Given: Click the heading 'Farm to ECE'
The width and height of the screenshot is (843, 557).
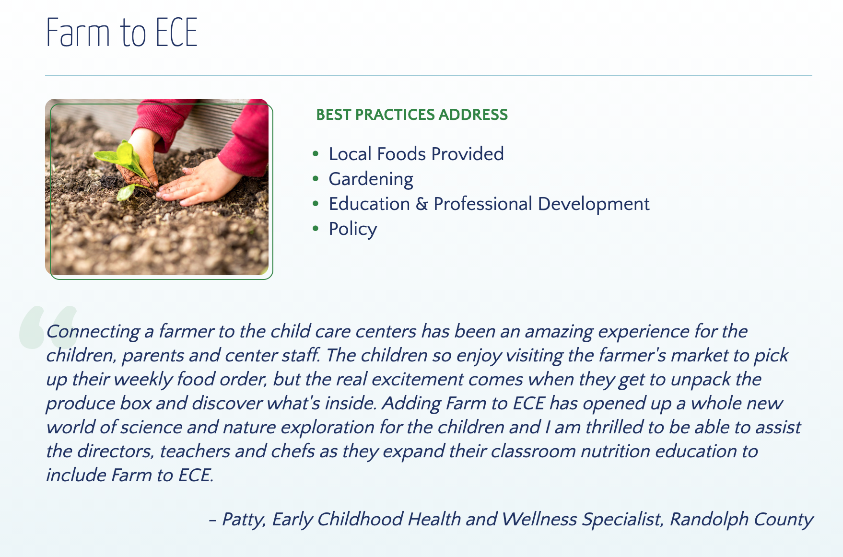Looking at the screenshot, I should (122, 33).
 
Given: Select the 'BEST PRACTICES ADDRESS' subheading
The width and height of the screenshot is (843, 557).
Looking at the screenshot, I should (411, 115).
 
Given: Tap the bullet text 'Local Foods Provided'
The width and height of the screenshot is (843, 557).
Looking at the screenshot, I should (416, 154).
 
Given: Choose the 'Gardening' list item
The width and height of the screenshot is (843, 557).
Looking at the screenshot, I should (371, 179).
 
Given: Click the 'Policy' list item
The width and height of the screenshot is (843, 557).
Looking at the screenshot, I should (352, 229).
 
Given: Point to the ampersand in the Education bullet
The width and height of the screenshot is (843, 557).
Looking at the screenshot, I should (421, 204).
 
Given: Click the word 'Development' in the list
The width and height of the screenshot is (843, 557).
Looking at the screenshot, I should (593, 204).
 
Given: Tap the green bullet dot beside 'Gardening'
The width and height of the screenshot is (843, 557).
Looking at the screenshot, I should (315, 179).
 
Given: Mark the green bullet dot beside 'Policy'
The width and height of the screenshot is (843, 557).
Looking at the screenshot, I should (315, 229).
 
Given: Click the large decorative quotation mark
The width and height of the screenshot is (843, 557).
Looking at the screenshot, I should (48, 327).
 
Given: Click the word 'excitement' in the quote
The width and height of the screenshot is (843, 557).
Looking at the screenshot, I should (417, 379).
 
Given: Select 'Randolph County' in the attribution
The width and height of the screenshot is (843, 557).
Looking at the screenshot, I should (741, 519).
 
